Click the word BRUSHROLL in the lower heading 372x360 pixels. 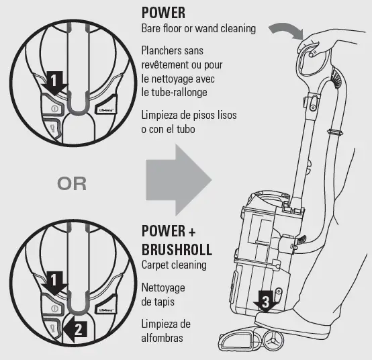pos(177,250)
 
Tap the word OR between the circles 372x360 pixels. pos(72,183)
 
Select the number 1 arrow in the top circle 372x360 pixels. pos(54,83)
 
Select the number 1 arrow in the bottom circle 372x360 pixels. pos(54,281)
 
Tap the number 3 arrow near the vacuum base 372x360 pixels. pos(265,304)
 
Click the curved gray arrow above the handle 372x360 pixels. pos(285,27)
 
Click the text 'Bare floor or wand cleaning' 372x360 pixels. pos(199,29)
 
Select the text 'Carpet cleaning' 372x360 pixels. pos(174,265)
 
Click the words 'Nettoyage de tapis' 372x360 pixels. pos(163,295)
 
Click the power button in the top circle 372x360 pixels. pos(53,107)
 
